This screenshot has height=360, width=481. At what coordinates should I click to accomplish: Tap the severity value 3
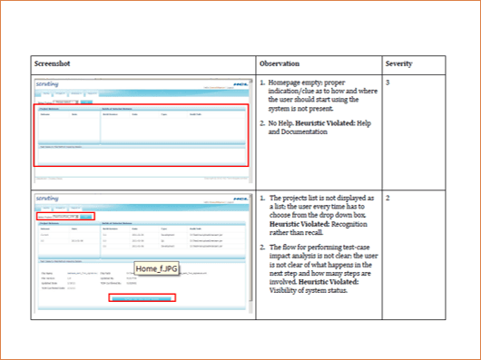point(388,83)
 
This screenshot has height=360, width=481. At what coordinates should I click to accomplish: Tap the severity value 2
point(388,197)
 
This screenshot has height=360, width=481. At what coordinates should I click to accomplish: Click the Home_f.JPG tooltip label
point(159,268)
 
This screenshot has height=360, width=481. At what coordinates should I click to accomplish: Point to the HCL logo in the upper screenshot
point(240,86)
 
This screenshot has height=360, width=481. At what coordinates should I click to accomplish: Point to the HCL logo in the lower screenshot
point(240,200)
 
